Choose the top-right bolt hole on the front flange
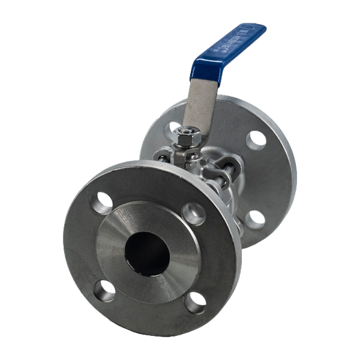tap(194, 211)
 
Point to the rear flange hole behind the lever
tap(175, 127)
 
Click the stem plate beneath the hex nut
tap(183, 157)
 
